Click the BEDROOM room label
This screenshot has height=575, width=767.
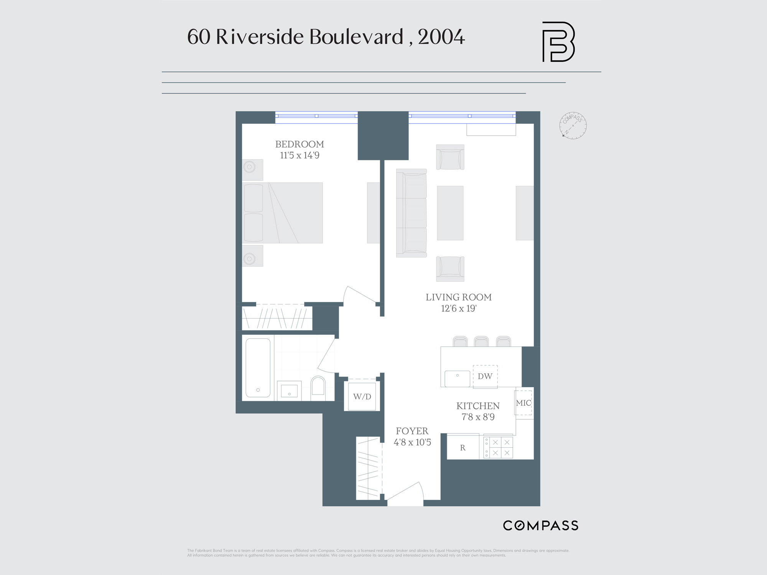point(300,144)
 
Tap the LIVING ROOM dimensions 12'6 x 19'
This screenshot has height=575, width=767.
point(459,309)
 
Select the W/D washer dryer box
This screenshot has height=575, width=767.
point(362,396)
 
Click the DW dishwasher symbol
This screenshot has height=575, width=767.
point(485,376)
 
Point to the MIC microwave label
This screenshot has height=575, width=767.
point(523,403)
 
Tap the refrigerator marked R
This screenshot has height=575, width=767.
point(463,447)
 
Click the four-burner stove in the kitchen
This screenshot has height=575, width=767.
point(498,447)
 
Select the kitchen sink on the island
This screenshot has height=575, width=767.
point(457,379)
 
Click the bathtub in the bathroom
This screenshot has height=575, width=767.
point(258,367)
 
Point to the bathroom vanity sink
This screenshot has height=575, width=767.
point(289,391)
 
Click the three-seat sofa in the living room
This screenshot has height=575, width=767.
point(411,213)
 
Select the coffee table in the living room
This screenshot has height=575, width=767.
point(450,213)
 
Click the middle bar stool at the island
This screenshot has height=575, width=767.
point(481,341)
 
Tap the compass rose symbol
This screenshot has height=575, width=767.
point(573,126)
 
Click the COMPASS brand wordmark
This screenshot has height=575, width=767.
point(540,526)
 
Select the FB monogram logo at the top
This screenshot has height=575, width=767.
point(558,42)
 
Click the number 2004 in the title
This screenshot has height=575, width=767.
point(441,37)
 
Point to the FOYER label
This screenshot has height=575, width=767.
point(412,431)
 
